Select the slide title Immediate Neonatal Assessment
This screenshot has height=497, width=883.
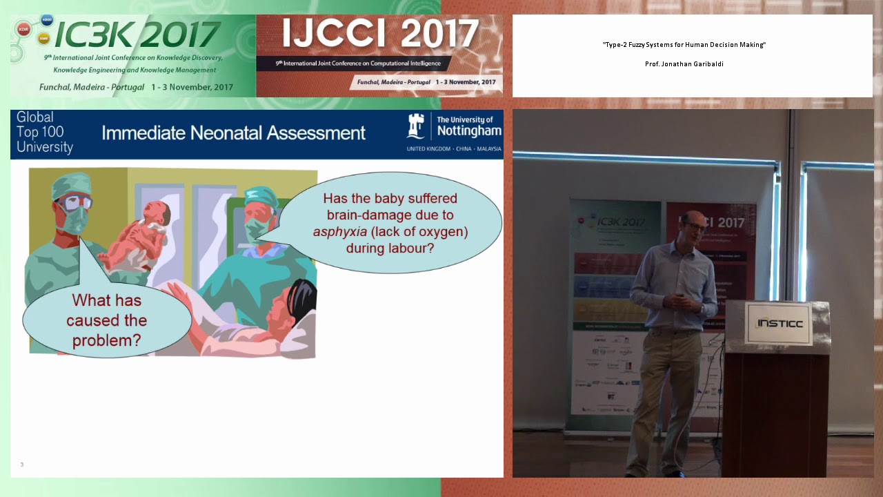coord(233,133)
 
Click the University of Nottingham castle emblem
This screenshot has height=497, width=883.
coord(416,127)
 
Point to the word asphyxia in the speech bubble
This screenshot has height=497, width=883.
coord(339,232)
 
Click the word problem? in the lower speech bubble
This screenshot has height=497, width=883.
coord(106,340)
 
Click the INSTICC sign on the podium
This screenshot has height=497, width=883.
coord(780,323)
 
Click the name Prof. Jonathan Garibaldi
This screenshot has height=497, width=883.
coord(684,64)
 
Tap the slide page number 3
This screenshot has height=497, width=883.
coord(22,465)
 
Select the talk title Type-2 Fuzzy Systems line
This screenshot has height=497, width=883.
coord(684,45)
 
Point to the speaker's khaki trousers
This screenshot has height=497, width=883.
coord(655,387)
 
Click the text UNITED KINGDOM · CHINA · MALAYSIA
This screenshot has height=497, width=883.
coord(454,149)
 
